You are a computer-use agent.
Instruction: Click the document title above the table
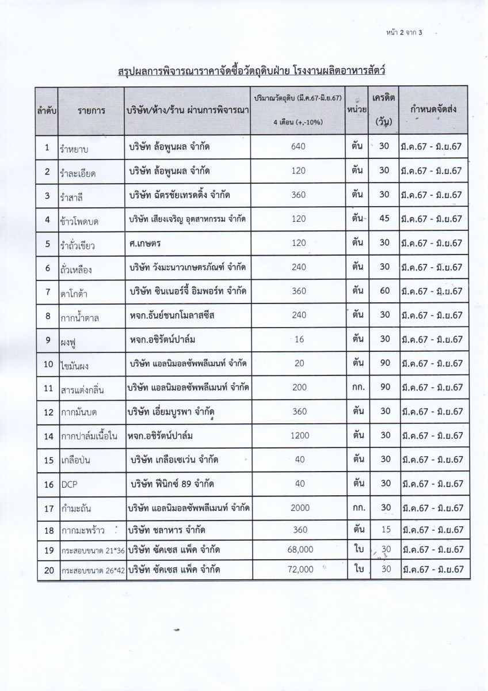click(x=245, y=71)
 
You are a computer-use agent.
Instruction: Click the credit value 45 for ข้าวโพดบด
click(x=385, y=219)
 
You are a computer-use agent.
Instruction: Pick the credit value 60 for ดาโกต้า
click(x=385, y=291)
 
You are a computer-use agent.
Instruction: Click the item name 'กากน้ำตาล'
click(x=83, y=317)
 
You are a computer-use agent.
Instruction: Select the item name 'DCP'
click(x=68, y=484)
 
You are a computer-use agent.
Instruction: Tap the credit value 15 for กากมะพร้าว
click(x=385, y=529)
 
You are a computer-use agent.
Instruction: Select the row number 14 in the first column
click(x=48, y=436)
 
